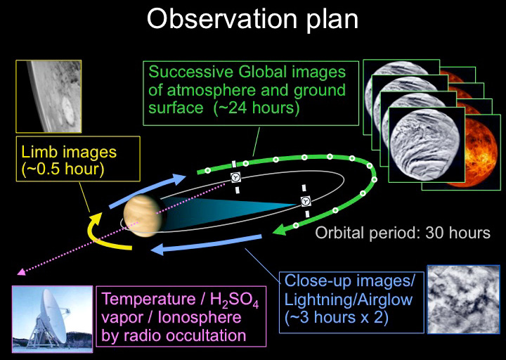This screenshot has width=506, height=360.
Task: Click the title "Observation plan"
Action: point(252,20)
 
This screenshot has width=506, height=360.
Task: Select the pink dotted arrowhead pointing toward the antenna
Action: point(21,272)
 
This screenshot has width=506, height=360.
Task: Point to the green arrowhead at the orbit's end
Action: point(280,230)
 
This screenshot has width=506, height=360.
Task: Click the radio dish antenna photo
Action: point(52,319)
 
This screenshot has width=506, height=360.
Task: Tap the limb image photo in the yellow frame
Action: point(48,96)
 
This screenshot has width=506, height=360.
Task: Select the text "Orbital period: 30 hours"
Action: point(403,233)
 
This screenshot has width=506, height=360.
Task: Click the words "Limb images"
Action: point(69,152)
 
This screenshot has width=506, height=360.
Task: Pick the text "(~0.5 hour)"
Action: point(63,169)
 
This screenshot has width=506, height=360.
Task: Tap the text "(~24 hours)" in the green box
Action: point(257,108)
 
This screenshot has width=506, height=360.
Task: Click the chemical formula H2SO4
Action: point(234,300)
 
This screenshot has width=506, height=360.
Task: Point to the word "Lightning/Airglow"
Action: point(348,300)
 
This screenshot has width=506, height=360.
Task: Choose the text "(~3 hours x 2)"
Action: point(336,318)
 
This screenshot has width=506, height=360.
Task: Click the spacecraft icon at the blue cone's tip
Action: point(306,201)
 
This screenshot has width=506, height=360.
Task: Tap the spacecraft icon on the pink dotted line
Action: point(236,177)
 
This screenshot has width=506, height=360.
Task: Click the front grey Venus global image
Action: point(425,144)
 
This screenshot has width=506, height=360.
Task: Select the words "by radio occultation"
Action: point(174,335)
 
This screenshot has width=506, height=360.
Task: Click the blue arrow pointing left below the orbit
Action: point(206,245)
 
